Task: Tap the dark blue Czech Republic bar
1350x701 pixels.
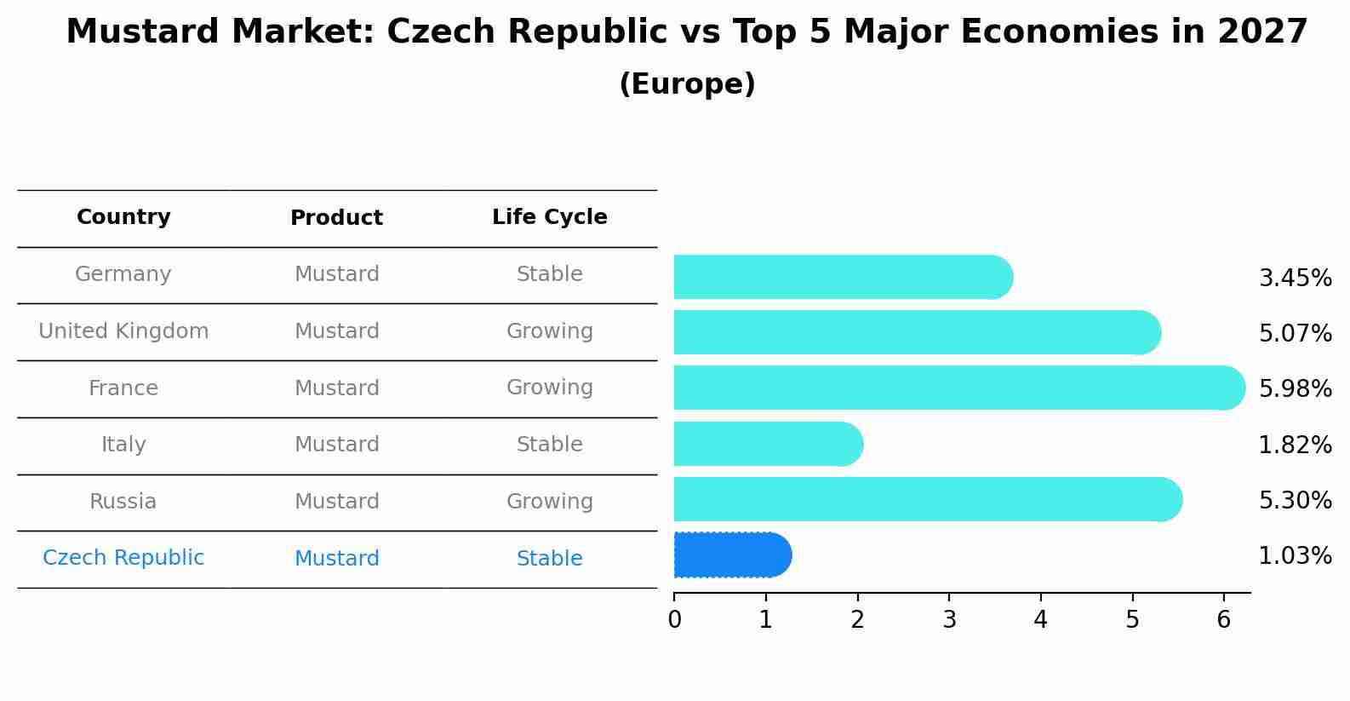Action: tap(732, 555)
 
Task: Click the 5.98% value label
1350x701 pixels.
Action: tap(1295, 388)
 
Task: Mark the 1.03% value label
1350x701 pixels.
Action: tap(1295, 556)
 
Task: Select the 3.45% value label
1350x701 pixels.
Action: tap(1295, 279)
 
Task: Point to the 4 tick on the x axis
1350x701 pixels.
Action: tap(1040, 619)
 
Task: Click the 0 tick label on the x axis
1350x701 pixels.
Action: tap(674, 619)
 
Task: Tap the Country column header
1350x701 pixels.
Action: tap(123, 217)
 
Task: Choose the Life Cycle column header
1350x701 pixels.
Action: tap(549, 217)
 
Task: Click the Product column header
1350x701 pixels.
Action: tap(336, 218)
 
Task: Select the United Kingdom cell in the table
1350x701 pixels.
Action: tap(123, 331)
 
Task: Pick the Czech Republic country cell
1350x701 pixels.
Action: tap(123, 558)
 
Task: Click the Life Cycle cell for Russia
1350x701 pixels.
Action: tap(549, 502)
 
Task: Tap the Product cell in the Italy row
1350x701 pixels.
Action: tap(336, 445)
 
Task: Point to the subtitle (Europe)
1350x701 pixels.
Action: tap(687, 84)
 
